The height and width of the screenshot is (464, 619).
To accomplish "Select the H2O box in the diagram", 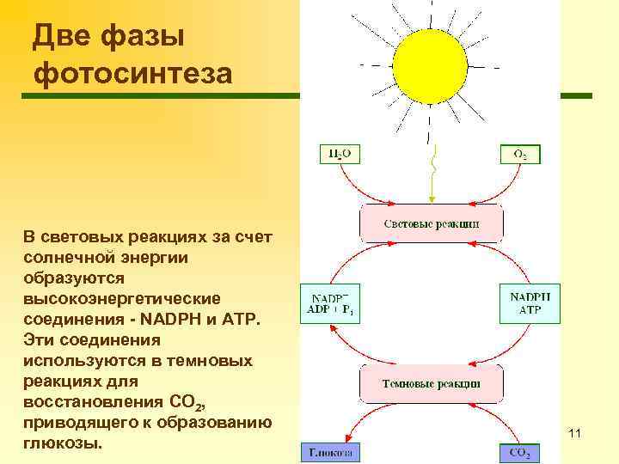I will coord(340,155).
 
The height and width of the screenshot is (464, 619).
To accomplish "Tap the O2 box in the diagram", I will coord(521,155).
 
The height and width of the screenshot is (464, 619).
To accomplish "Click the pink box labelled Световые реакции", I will coord(431,223).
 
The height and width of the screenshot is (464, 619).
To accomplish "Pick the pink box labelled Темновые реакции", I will coord(431,383).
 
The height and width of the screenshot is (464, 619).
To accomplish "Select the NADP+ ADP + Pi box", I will coord(329,303).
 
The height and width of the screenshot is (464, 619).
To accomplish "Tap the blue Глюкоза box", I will coord(330,453).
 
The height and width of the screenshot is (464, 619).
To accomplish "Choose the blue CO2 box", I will coord(521,453).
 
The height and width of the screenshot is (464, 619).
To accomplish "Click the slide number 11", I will coord(575,434).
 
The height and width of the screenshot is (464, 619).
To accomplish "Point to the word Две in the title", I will coord(62,37).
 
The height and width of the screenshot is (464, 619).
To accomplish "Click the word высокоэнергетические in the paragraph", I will coord(122,299).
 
